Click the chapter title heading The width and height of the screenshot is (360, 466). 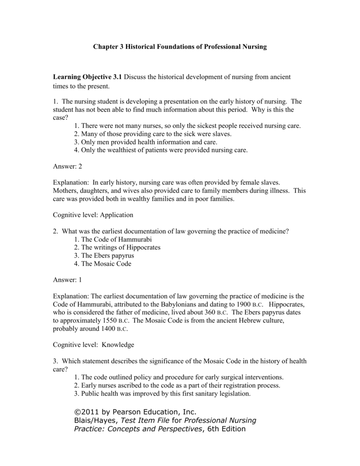point(180,47)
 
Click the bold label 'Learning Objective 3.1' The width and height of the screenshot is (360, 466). point(88,77)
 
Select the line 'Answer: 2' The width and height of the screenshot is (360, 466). point(67,167)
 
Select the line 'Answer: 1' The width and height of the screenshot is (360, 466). point(67,280)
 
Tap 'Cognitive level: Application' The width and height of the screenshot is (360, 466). point(93,215)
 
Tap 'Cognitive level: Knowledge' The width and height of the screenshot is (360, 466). point(92,344)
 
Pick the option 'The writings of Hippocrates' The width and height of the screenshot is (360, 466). point(117,248)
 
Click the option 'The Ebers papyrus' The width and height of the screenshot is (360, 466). point(104,256)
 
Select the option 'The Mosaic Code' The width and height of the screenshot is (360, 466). point(102,264)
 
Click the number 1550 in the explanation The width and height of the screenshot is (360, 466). point(104,321)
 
